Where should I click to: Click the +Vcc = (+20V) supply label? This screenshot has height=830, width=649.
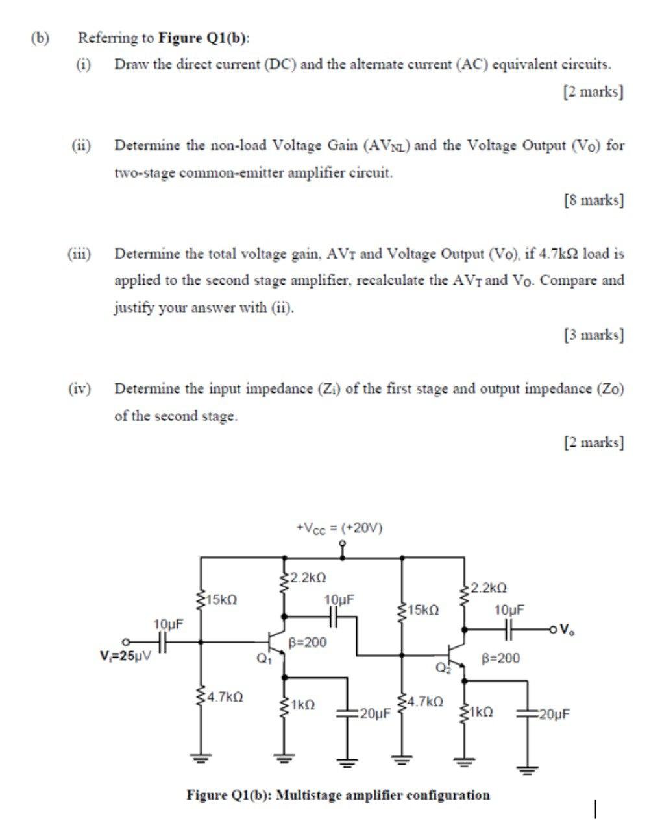(339, 528)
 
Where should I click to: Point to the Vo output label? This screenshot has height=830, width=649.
(566, 628)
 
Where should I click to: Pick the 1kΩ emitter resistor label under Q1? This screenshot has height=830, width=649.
(303, 704)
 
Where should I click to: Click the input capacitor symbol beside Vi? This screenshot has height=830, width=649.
(164, 642)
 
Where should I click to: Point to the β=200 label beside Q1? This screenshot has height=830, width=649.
(308, 643)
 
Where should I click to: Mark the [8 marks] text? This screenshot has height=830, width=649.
(594, 200)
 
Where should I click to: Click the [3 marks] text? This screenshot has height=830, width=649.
(594, 335)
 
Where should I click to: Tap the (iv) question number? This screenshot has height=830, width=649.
(80, 389)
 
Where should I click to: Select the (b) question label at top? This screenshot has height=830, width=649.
(41, 37)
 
